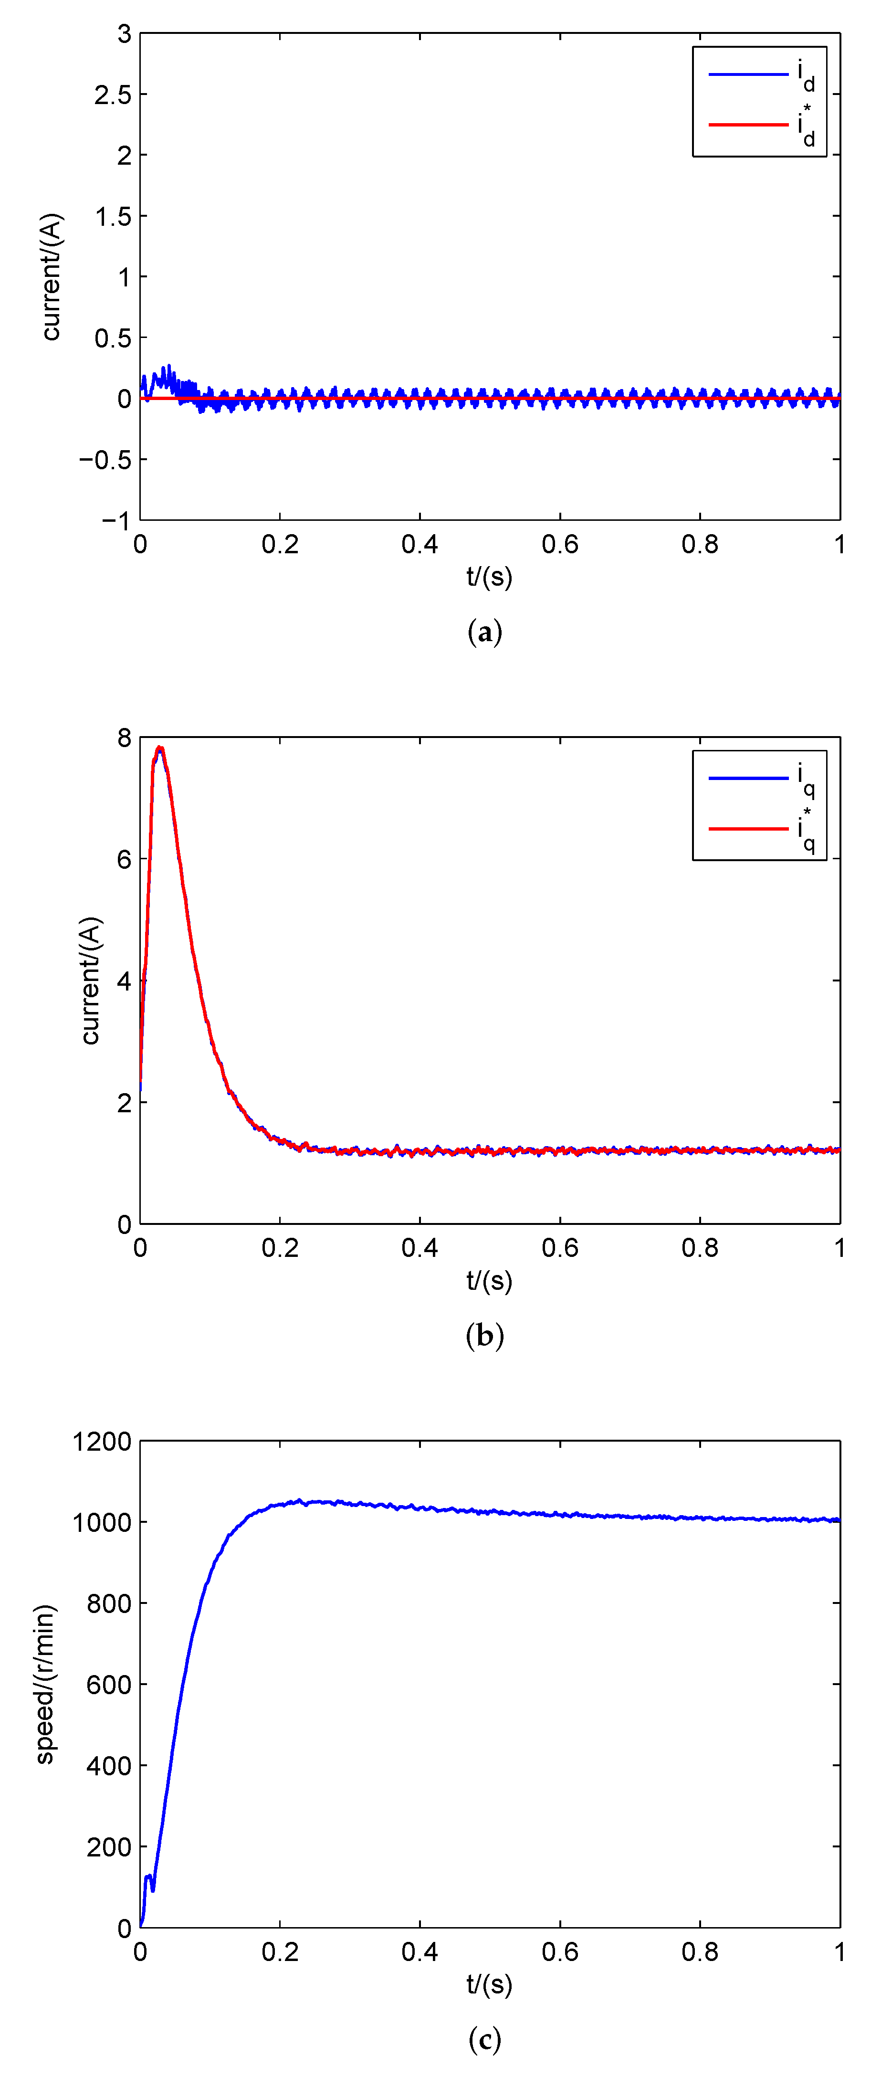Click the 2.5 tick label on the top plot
(112, 95)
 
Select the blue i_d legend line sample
(747, 74)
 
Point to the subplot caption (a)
(484, 632)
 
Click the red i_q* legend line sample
(747, 828)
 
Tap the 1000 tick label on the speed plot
(102, 1522)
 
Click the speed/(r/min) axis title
(45, 1684)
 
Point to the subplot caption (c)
(484, 2039)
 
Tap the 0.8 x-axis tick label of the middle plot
(700, 1248)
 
